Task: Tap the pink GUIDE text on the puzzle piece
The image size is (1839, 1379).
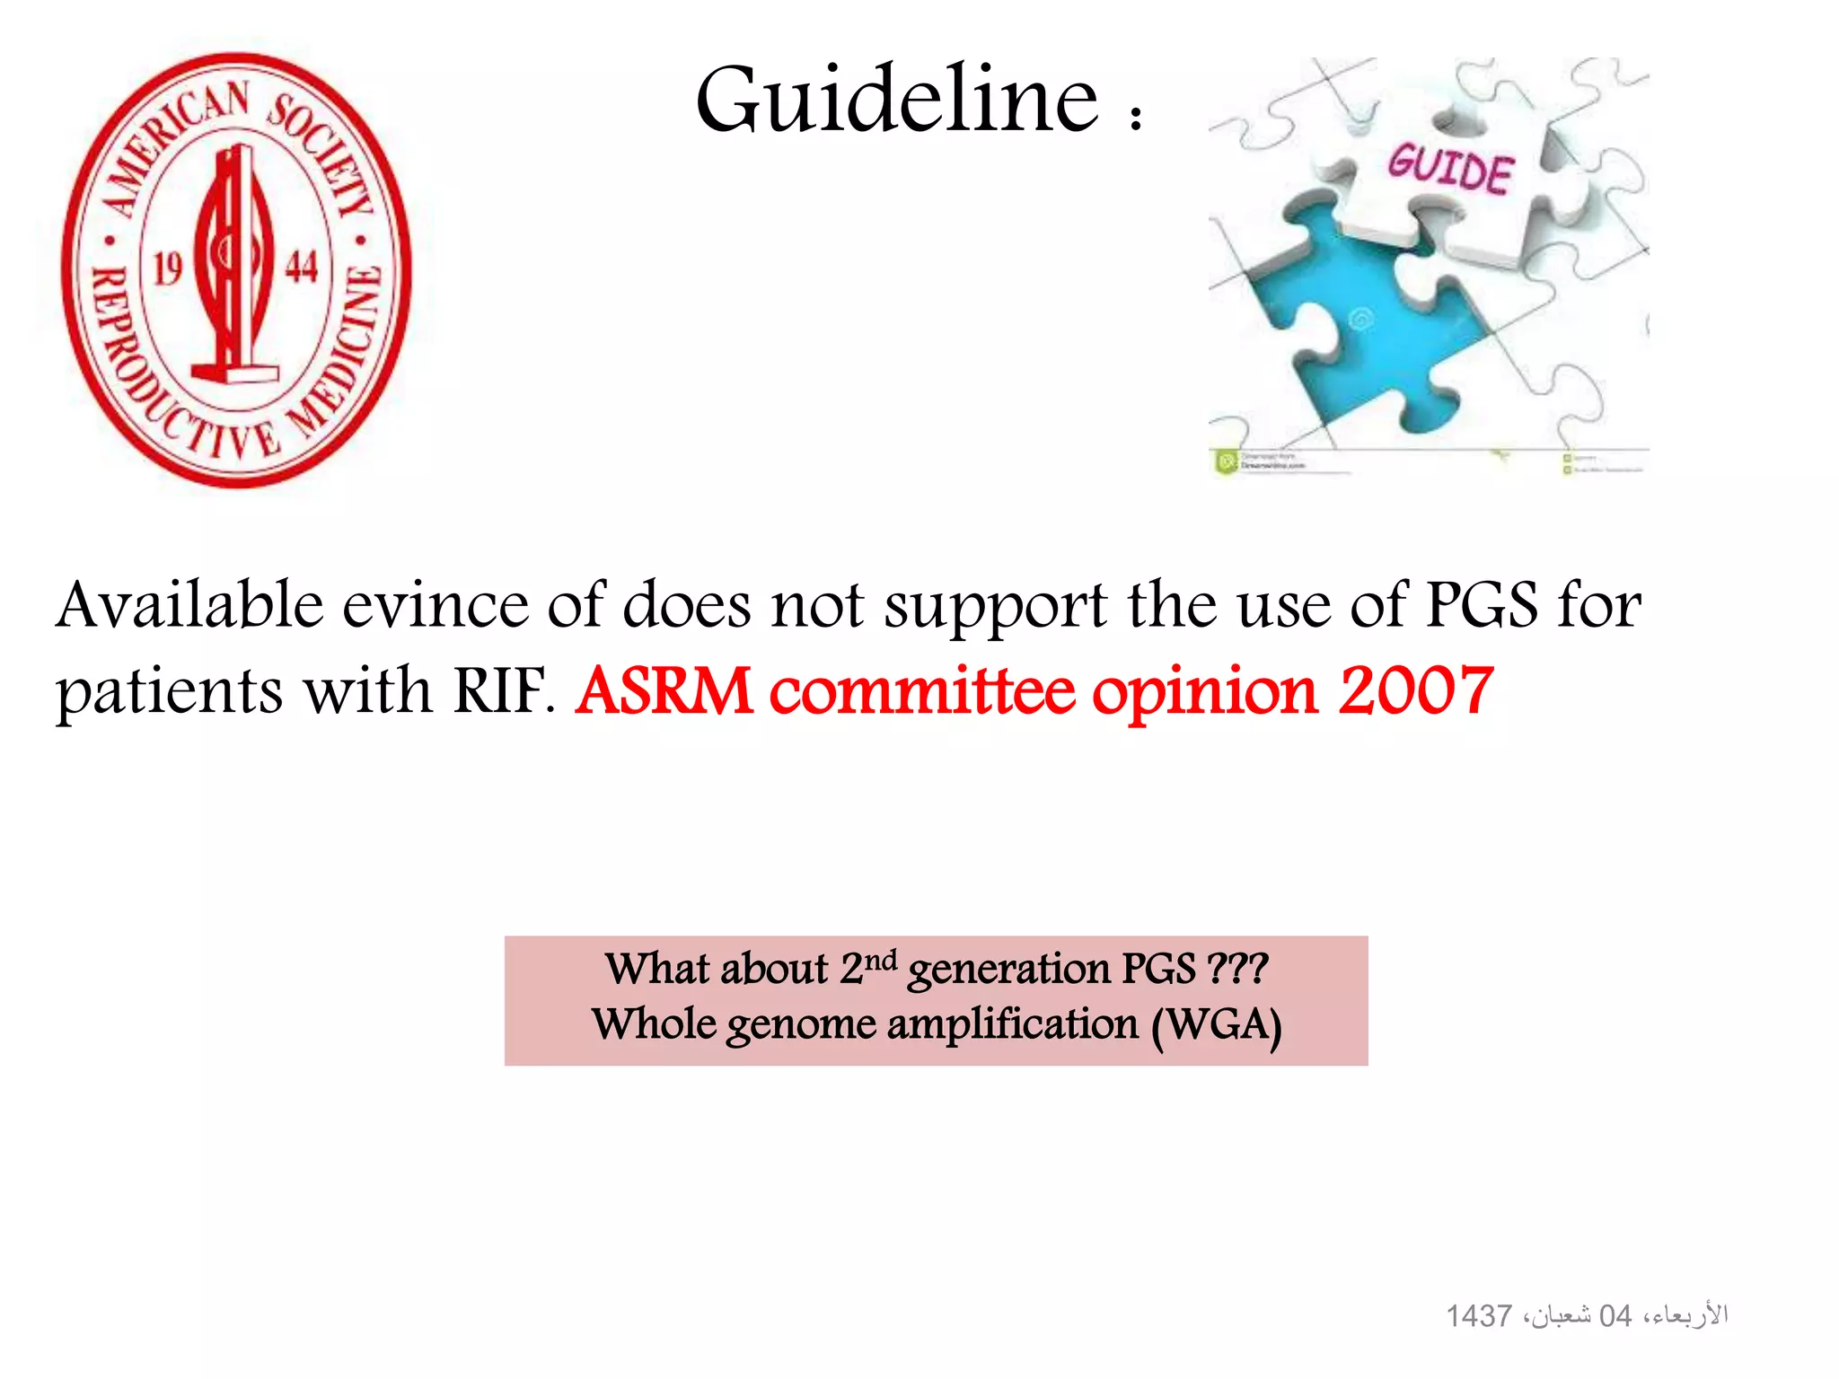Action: tap(1450, 168)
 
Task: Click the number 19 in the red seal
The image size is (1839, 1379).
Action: tap(168, 268)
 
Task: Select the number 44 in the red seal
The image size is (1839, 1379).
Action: tap(302, 267)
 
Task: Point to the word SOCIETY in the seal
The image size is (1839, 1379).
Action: tap(323, 153)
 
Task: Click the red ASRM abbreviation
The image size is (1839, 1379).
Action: tap(664, 690)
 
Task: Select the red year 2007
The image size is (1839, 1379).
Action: tap(1416, 690)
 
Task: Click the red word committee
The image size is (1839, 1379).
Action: tap(922, 690)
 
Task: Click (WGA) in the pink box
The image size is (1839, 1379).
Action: tap(1217, 1025)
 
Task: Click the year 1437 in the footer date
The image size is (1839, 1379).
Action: tap(1479, 1316)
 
